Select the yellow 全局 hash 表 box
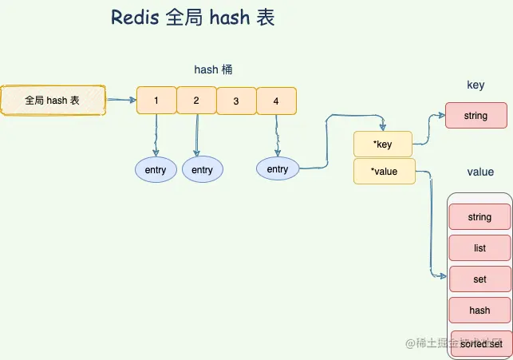click(53, 101)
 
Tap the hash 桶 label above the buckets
click(213, 70)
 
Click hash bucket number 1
click(156, 101)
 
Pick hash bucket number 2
click(196, 101)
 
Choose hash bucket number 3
click(236, 101)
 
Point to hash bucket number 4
click(276, 101)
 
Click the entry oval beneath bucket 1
click(156, 170)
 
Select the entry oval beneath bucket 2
click(203, 170)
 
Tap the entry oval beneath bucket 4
click(277, 169)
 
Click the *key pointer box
click(383, 144)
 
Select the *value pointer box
click(384, 171)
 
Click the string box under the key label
click(476, 116)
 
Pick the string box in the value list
click(479, 217)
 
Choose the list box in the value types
click(479, 248)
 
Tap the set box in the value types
click(479, 279)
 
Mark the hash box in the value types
click(479, 311)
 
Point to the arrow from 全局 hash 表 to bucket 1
click(120, 101)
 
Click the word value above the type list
click(480, 172)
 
